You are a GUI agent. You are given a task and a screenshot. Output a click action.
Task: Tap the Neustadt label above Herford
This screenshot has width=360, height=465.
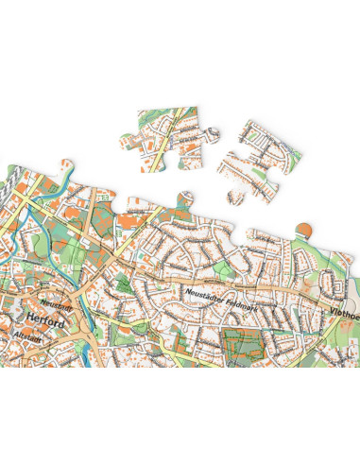click(x=57, y=306)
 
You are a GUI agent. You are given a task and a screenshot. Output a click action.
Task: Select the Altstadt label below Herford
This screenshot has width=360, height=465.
click(x=26, y=335)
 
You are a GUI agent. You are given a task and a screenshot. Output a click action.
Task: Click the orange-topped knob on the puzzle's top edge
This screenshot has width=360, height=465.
click(x=303, y=230)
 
